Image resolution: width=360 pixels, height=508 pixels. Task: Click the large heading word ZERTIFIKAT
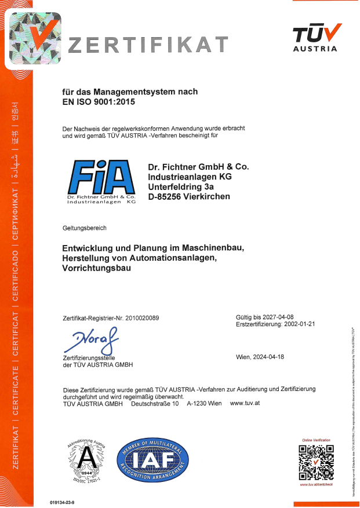[148, 45]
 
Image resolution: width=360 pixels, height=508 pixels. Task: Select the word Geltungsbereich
[84, 228]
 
